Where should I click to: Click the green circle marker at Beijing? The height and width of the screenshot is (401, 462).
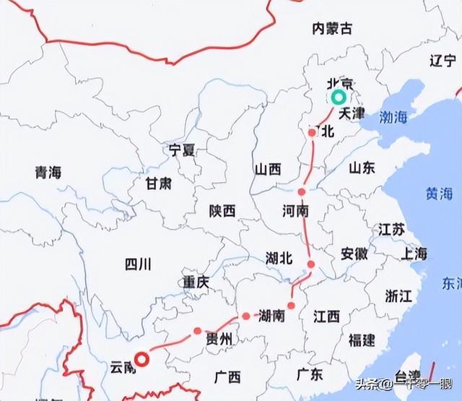338,97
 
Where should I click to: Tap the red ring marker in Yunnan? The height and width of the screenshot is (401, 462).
143,359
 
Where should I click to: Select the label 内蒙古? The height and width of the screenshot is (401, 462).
332,28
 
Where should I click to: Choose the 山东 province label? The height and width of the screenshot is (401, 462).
362,168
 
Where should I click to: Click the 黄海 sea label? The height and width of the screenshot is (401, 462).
439,194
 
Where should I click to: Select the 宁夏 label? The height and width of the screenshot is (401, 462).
182,150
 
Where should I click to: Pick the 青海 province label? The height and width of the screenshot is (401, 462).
48,172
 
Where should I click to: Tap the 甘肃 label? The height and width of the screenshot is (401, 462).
159,184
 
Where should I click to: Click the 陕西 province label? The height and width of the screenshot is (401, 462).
222,211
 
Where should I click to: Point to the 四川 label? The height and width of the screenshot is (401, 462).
136,264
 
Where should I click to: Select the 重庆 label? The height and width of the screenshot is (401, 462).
196,280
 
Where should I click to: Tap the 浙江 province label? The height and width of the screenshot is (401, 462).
398,296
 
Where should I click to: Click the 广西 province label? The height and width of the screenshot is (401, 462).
227,376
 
